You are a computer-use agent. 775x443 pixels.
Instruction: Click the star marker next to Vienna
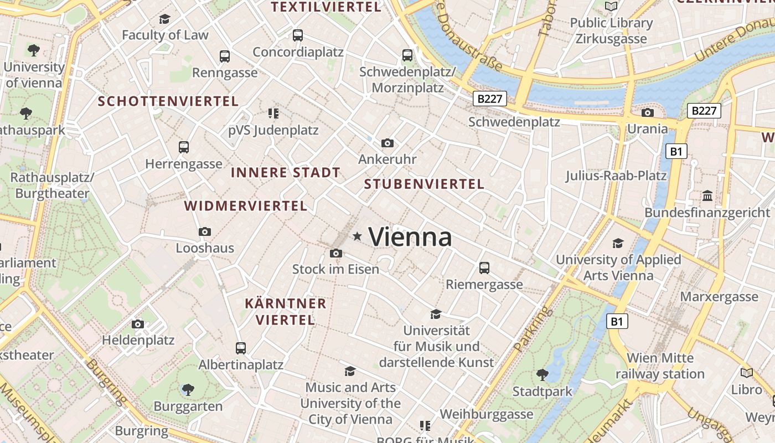357,237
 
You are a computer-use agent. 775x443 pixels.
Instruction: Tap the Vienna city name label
410,237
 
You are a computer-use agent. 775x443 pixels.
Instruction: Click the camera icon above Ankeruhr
387,143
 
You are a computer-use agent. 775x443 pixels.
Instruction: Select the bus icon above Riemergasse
484,268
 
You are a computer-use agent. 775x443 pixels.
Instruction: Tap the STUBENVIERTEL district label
424,184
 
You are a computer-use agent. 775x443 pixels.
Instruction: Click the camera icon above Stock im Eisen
335,254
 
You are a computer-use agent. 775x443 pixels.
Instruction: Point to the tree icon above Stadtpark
542,375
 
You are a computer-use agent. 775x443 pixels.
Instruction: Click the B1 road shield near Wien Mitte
617,321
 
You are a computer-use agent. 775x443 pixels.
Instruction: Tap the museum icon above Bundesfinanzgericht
707,196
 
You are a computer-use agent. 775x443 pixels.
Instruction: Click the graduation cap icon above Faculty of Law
164,19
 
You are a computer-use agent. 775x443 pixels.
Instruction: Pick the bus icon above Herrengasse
184,147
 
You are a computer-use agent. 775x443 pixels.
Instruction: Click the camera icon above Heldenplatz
138,324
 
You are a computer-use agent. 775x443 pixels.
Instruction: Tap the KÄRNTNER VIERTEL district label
286,312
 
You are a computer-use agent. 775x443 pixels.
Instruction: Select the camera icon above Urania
647,113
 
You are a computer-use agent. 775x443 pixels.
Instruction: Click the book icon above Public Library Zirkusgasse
611,6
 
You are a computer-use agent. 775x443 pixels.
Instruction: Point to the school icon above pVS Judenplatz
273,114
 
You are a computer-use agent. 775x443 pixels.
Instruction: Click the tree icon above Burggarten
188,389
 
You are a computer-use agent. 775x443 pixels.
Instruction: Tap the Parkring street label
533,329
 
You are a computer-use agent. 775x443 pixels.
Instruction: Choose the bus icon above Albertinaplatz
240,348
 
